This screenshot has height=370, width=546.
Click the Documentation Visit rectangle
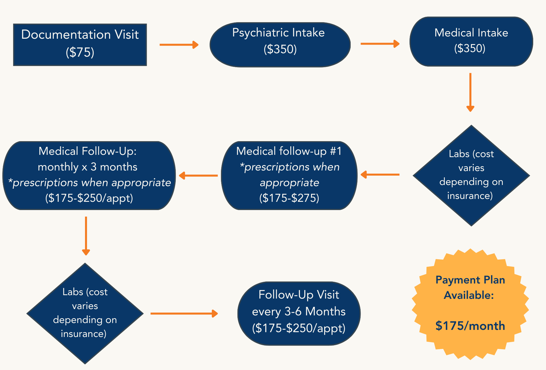[80, 45]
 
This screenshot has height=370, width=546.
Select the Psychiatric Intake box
[280, 45]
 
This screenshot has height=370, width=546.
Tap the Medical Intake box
[471, 42]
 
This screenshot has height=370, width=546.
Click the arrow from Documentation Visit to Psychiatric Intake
[179, 45]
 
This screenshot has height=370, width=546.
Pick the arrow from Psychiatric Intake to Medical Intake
[380, 44]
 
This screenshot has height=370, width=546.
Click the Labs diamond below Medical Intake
[471, 175]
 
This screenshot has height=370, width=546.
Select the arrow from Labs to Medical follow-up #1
[380, 174]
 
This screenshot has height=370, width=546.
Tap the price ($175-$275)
[289, 198]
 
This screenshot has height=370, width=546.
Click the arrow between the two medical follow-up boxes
[198, 175]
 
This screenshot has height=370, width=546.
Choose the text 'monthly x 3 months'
[88, 167]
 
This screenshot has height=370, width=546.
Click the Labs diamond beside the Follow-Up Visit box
[85, 313]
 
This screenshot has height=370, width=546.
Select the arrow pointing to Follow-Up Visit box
[184, 314]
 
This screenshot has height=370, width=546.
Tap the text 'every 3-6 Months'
[299, 312]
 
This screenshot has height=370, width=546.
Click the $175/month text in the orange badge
[470, 326]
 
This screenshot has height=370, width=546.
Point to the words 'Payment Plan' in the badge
[470, 280]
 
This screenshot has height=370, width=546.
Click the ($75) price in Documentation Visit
[80, 52]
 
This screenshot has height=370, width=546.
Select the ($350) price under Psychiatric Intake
[280, 49]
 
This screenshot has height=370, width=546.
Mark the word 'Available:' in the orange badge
[469, 295]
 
